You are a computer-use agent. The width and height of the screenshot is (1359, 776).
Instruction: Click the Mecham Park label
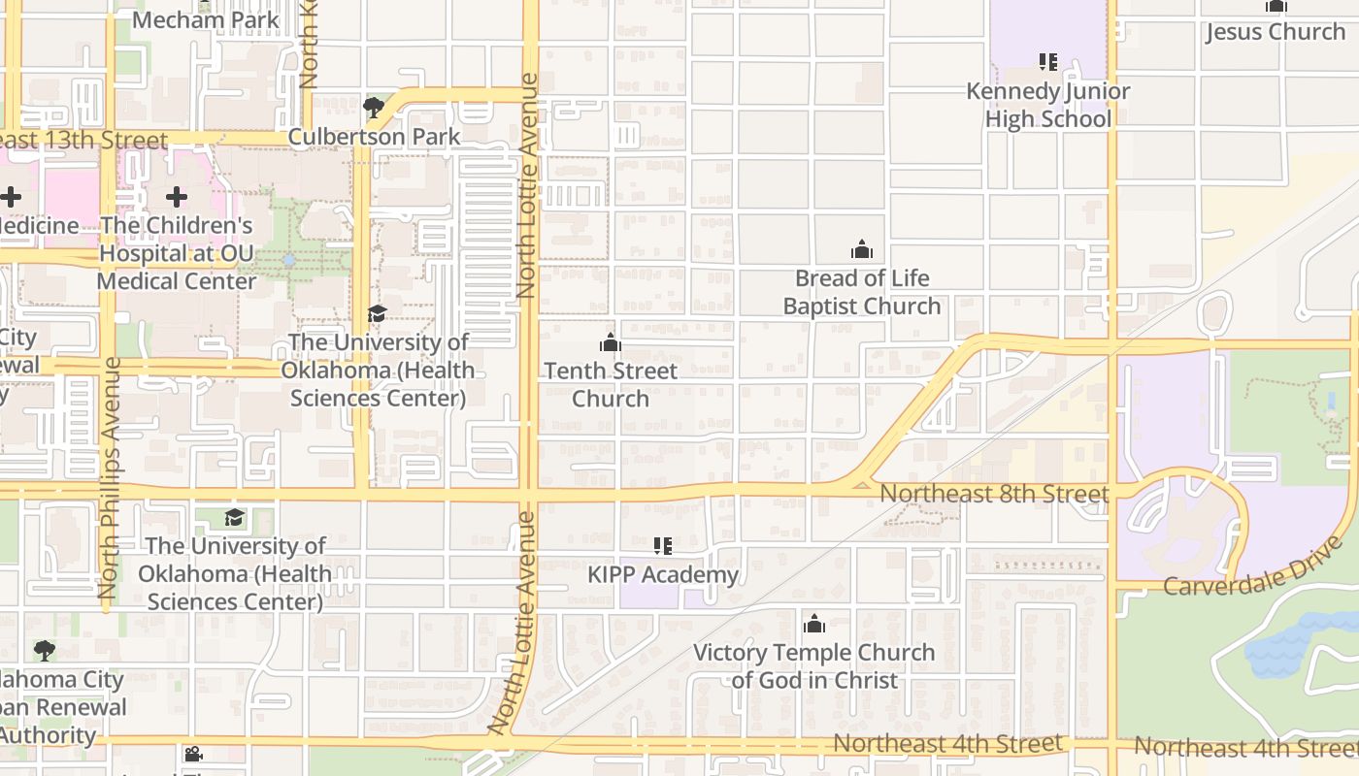205,19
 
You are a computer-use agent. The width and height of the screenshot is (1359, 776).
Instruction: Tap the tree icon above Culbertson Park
374,107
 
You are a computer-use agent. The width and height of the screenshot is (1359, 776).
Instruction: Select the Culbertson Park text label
374,137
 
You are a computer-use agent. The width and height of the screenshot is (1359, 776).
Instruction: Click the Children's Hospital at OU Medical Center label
177,253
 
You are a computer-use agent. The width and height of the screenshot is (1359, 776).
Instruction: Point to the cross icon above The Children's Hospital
176,198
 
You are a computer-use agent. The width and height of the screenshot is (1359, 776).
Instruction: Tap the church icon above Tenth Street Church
611,342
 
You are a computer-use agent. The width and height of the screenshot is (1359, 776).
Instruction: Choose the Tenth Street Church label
611,384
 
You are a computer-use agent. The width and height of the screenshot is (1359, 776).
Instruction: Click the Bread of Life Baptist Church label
862,292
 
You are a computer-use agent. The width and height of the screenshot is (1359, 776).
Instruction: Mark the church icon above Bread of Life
862,249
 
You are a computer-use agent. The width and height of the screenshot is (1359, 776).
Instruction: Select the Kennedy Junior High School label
1048,105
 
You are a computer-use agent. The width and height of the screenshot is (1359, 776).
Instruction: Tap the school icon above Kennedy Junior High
1048,62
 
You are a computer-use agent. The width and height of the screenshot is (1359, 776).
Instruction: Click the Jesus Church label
1276,32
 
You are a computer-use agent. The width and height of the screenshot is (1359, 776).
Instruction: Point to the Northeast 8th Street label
994,494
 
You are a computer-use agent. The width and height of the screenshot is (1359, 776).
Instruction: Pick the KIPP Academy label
663,575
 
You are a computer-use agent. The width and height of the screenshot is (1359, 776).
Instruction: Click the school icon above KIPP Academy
663,546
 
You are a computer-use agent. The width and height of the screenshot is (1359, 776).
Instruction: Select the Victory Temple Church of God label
814,666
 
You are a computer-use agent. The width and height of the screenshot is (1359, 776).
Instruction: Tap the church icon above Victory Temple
814,623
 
